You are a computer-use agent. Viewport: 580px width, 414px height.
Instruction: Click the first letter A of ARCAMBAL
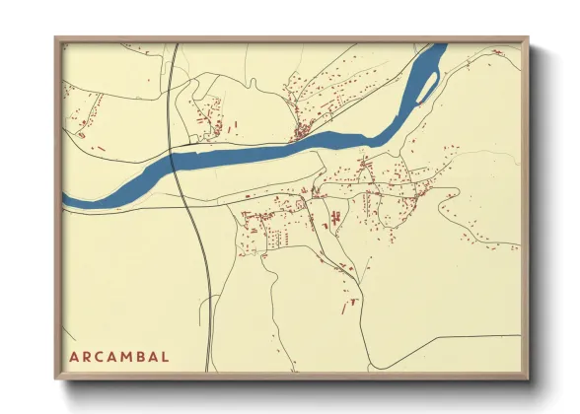point(72,356)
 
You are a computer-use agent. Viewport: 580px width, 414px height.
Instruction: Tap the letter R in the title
point(86,356)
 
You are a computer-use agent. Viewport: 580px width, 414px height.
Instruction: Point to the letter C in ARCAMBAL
point(100,356)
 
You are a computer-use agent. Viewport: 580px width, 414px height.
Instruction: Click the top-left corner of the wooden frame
point(56,38)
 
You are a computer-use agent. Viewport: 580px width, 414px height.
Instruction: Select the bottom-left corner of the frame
point(56,379)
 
